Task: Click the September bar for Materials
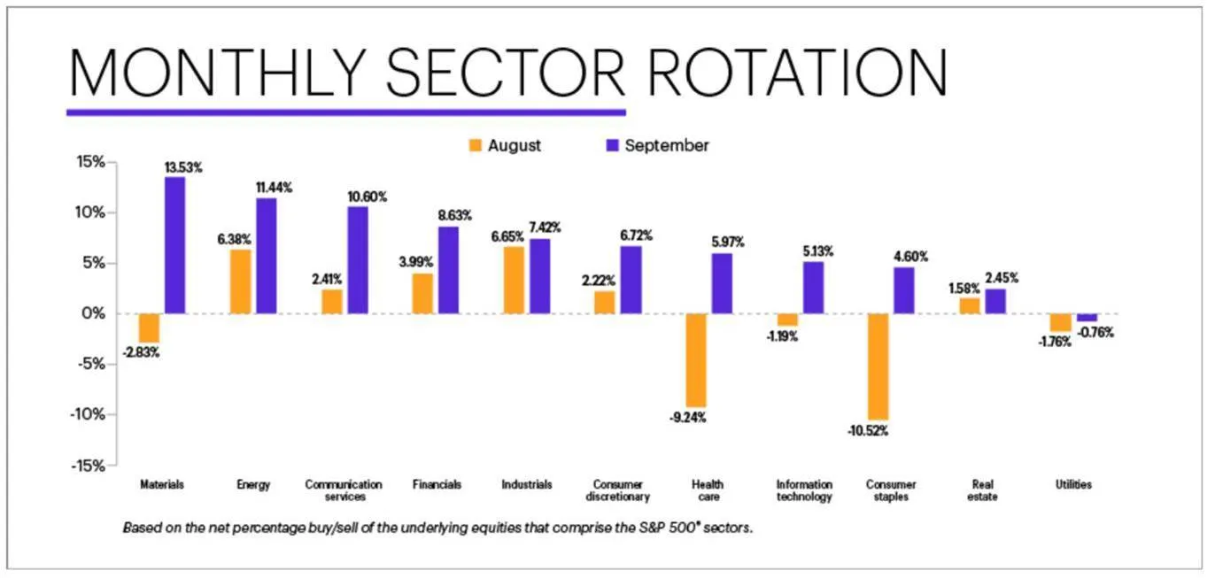[x=174, y=245]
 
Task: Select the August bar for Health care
[x=696, y=359]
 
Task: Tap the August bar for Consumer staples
[x=878, y=366]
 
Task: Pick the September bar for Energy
[x=266, y=256]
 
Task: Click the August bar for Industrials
[x=514, y=280]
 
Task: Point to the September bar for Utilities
[x=1087, y=317]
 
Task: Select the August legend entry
[x=505, y=145]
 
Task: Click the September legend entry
[x=655, y=145]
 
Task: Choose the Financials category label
[x=437, y=484]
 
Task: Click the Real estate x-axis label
[x=983, y=490]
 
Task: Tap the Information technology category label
[x=804, y=490]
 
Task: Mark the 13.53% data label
[x=183, y=167]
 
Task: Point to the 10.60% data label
[x=366, y=197]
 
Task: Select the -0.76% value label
[x=1095, y=333]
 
